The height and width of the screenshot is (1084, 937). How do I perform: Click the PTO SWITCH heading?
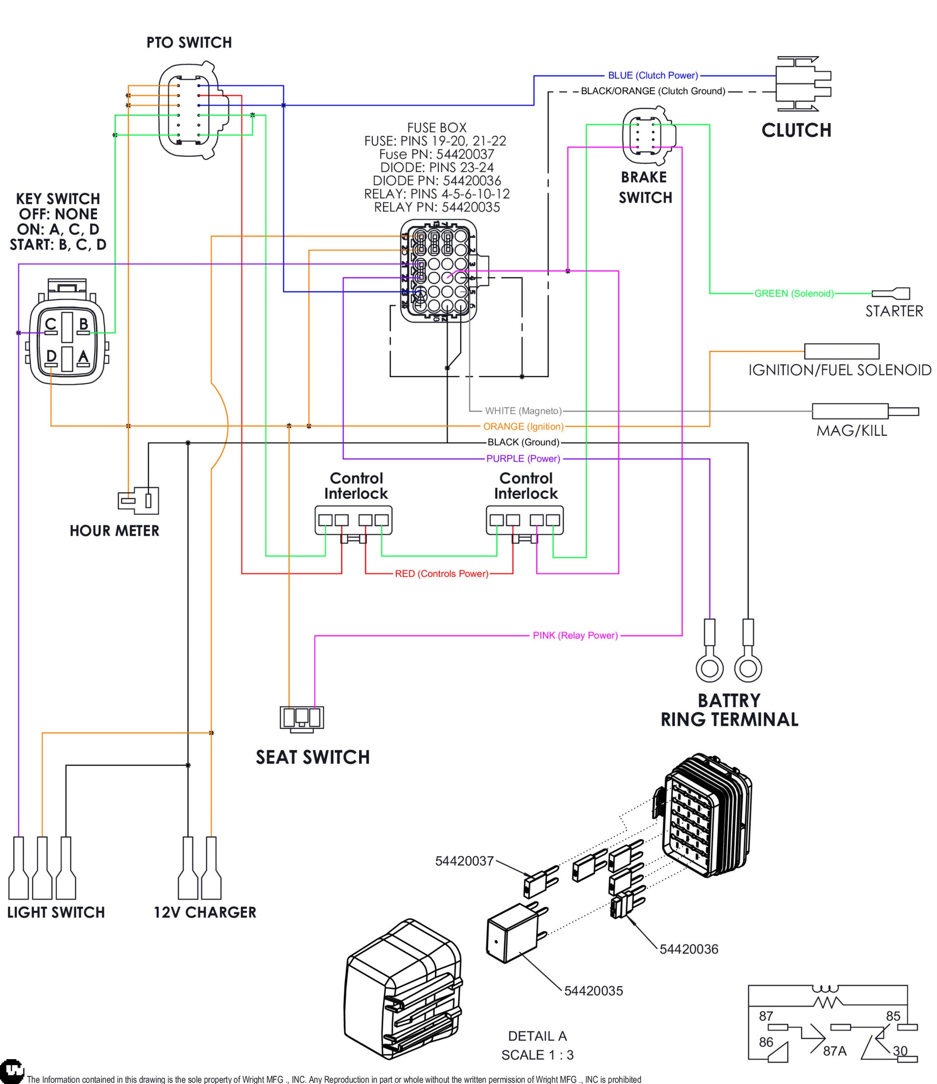189,42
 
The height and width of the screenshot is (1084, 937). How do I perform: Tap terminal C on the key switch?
50,326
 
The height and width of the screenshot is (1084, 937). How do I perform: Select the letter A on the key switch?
83,356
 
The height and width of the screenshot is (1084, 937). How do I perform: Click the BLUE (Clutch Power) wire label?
652,75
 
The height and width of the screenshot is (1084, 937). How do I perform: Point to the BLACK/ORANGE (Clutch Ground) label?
652,91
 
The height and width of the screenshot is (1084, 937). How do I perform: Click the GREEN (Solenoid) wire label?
794,293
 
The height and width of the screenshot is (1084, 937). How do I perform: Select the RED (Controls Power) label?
441,574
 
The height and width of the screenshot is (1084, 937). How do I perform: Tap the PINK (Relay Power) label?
575,635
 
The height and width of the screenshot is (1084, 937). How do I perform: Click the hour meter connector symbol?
139,500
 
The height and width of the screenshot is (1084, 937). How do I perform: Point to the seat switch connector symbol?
302,717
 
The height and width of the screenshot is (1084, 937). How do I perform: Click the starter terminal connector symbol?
891,293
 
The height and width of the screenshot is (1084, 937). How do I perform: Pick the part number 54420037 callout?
464,861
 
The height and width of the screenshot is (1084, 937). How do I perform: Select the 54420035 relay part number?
593,991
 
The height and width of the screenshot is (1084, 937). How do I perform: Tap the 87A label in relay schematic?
835,1051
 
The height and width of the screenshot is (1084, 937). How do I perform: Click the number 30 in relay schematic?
900,1050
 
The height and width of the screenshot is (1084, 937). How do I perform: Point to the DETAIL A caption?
537,1036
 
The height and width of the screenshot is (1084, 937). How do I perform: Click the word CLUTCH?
796,130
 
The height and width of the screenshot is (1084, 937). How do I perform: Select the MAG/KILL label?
851,430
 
